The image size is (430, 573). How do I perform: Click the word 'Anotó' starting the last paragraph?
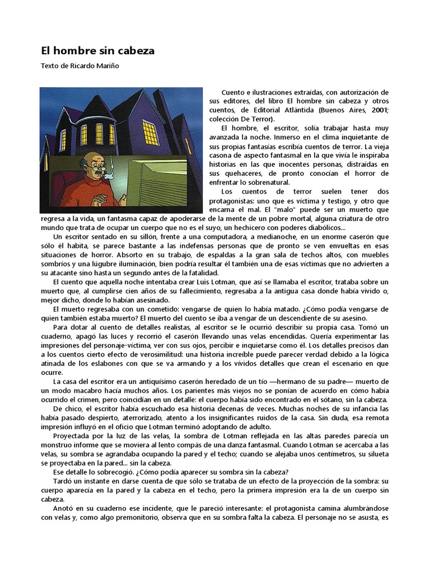(64, 508)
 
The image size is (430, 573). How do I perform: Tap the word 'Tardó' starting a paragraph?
(63, 481)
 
